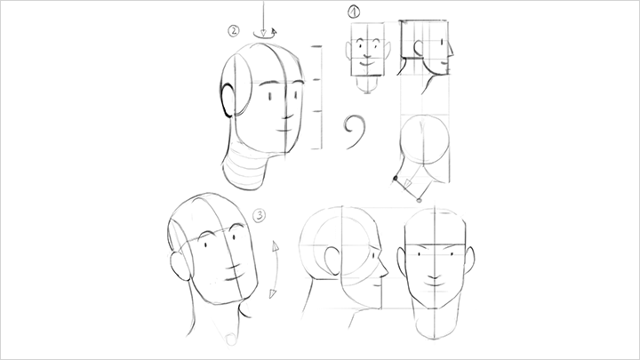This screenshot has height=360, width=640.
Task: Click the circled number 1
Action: click(354, 12)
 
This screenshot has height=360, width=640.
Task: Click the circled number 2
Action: click(234, 30)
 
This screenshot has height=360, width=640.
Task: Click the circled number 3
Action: click(260, 215)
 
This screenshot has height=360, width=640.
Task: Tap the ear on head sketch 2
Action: click(228, 100)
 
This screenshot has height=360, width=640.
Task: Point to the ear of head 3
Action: click(180, 266)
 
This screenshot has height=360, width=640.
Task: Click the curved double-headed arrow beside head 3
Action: click(276, 269)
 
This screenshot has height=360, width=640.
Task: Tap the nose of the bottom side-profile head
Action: click(384, 268)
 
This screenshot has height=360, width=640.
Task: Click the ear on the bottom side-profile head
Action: click(333, 260)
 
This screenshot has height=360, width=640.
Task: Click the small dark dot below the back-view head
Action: click(395, 178)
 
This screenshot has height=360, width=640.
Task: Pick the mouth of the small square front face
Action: click(367, 64)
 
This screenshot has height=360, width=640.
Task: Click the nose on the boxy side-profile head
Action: click(450, 50)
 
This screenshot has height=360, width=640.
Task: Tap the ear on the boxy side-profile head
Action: click(419, 48)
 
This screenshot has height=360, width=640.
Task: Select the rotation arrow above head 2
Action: click(265, 34)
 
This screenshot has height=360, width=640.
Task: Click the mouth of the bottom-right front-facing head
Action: click(435, 282)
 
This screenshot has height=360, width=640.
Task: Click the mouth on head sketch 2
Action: click(284, 131)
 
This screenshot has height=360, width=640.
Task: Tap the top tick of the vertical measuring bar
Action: click(316, 46)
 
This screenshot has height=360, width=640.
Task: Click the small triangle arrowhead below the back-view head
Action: click(407, 184)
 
